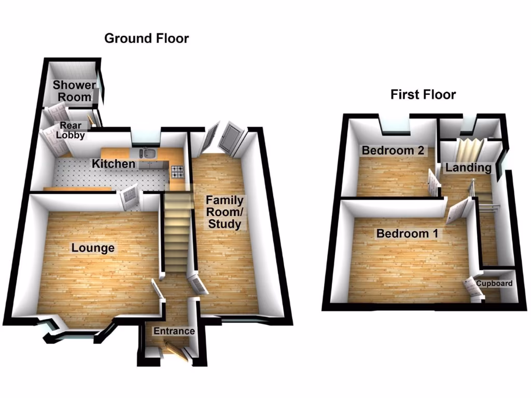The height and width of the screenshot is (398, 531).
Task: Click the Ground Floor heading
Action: [146, 38]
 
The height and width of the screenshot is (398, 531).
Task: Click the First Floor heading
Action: [423, 94]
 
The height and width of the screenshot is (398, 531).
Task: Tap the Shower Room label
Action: [74, 91]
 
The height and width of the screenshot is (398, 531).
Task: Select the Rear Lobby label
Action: [71, 130]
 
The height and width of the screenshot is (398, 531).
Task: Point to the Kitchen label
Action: [114, 164]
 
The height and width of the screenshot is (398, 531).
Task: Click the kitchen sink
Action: [148, 153]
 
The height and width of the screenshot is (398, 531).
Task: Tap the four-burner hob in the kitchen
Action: [177, 172]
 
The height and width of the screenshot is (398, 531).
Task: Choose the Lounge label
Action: [93, 248]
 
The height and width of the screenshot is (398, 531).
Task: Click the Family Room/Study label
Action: [225, 212]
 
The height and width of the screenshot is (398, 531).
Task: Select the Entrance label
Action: [174, 331]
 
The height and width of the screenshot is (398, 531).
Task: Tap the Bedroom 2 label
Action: [393, 150]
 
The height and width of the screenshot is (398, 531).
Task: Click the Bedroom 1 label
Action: [407, 234]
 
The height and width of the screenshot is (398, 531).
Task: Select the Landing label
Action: [468, 167]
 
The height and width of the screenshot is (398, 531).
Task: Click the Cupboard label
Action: [494, 283]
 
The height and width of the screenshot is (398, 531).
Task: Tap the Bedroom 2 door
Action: [434, 183]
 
